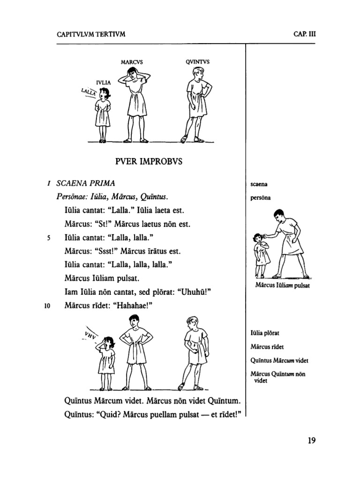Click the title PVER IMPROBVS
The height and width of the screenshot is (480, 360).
149,162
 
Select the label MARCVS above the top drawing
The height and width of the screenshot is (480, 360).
132,62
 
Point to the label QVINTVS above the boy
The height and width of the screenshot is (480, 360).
197,62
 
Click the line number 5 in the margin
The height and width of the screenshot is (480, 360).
48,238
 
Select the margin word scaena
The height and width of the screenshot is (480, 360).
259,184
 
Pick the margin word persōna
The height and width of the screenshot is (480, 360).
262,197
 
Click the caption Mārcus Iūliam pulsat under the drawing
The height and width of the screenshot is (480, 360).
283,285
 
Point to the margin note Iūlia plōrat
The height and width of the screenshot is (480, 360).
266,333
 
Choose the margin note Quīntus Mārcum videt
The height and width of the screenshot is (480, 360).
279,360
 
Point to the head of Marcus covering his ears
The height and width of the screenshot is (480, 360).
133,75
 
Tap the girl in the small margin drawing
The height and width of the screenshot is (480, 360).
261,255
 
